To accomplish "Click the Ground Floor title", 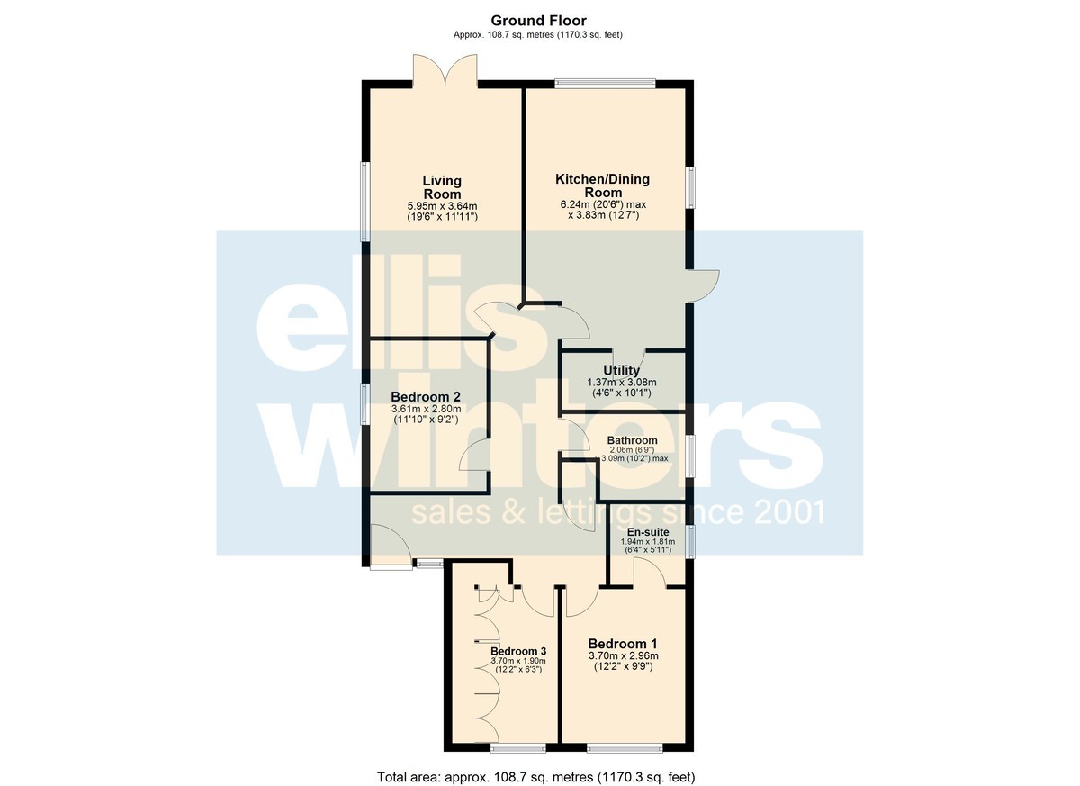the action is tap(538, 21).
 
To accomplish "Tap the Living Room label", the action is tap(442, 187).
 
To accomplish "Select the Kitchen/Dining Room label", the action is tap(603, 185).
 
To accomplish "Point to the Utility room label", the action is tap(622, 370).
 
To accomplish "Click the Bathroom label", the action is tap(632, 440).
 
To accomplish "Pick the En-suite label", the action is tap(647, 532).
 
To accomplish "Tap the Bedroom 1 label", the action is tap(623, 644).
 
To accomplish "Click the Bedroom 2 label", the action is tap(426, 397).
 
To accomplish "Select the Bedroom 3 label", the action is tap(518, 652).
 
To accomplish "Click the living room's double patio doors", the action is tap(445, 71).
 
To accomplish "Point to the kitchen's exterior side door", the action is tap(704, 286).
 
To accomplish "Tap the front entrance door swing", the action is tap(391, 546).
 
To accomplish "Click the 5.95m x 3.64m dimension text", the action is tap(442, 206).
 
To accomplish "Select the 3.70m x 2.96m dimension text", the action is tap(624, 655).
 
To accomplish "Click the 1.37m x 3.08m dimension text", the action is tap(622, 383).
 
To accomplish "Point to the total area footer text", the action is tap(536, 763).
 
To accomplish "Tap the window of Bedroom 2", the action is tap(366, 404).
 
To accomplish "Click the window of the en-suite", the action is tap(690, 542).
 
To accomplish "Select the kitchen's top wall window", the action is tap(605, 84).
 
